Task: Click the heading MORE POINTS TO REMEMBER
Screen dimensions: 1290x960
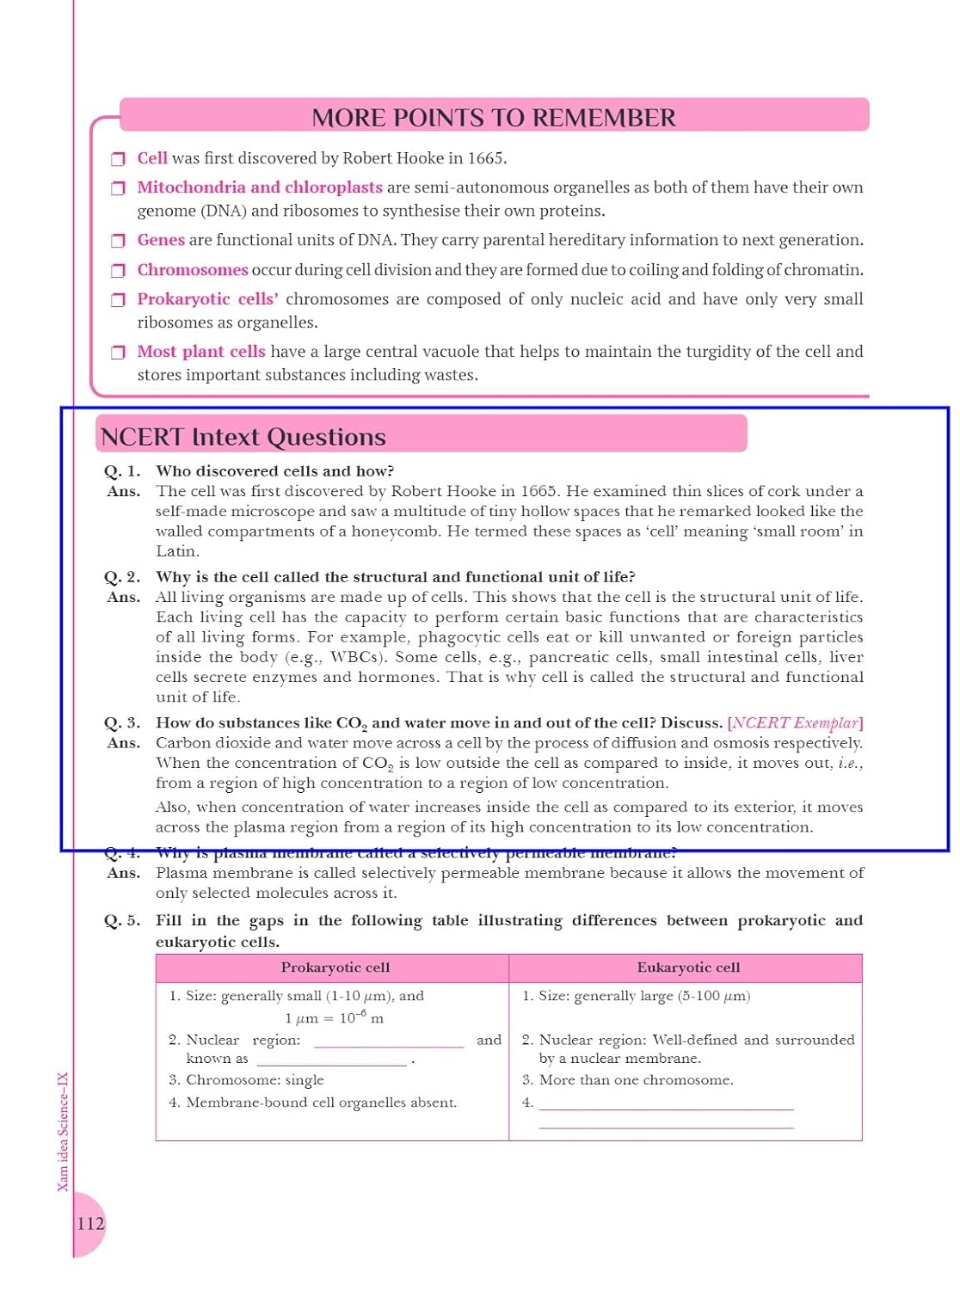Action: tap(494, 118)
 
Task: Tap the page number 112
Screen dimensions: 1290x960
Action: tap(90, 1223)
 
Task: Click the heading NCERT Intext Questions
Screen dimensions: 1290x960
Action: tap(243, 437)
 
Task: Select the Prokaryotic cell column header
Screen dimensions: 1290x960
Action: tap(335, 967)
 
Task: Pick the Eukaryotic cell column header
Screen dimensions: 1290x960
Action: tap(688, 967)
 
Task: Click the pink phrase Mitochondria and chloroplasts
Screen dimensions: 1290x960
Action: tap(260, 187)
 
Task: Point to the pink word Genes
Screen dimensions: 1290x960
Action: tap(161, 240)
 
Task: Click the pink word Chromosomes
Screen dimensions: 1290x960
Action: tap(193, 270)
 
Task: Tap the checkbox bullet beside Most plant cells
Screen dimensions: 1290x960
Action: tap(118, 353)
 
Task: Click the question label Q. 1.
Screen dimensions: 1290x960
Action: tap(122, 471)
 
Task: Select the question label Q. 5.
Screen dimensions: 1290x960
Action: tap(122, 921)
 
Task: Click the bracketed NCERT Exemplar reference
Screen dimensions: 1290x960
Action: tap(795, 722)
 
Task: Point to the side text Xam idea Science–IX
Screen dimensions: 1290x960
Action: tap(63, 1132)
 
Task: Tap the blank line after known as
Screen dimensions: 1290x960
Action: tap(331, 1062)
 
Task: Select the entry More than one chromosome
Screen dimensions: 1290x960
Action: tap(636, 1080)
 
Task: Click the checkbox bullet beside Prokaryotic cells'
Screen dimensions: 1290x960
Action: tap(118, 300)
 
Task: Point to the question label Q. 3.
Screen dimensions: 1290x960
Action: tap(122, 723)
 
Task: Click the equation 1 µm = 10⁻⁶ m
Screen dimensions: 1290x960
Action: tap(334, 1018)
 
